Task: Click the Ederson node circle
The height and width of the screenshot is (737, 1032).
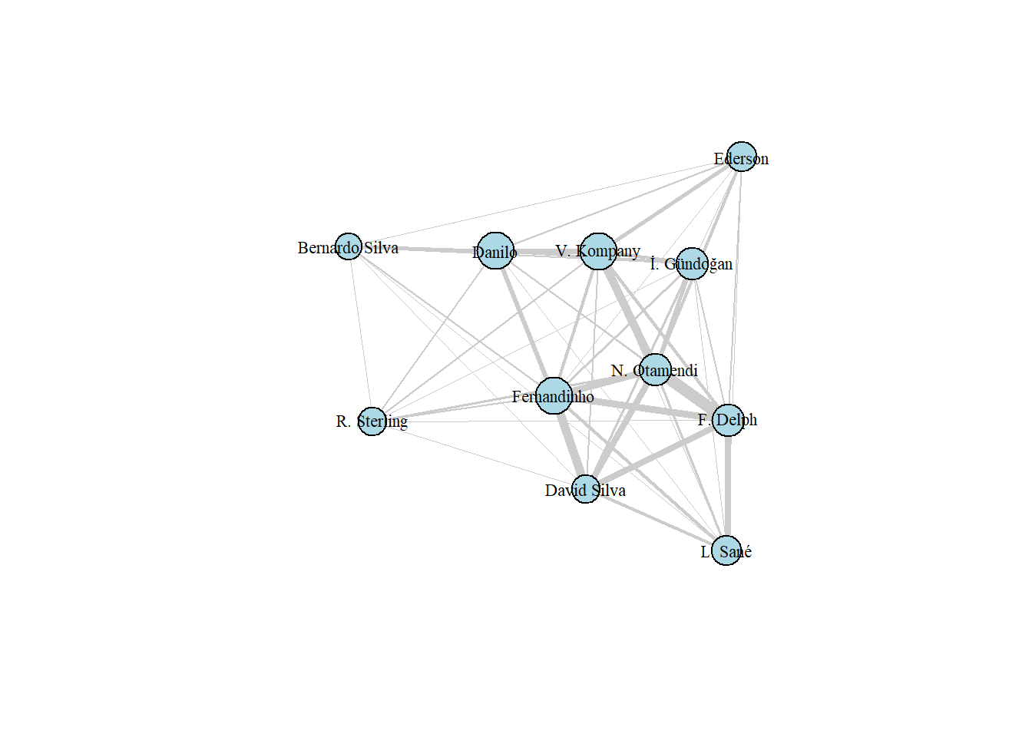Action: click(x=741, y=157)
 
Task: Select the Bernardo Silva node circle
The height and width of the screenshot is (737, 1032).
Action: click(x=349, y=246)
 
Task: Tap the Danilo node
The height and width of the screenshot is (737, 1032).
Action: click(x=495, y=250)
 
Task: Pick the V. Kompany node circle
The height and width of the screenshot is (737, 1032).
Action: click(x=598, y=251)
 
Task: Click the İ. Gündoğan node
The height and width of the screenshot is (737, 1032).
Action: click(x=692, y=263)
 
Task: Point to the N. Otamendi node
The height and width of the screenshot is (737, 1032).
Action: click(x=655, y=369)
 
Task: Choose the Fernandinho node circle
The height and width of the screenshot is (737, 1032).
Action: click(x=554, y=395)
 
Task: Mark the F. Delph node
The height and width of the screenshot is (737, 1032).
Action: click(x=728, y=420)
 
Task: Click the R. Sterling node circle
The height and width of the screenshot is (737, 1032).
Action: click(x=372, y=421)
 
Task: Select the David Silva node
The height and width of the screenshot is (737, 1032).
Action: click(x=586, y=489)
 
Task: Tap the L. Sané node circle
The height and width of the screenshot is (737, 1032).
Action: click(x=726, y=550)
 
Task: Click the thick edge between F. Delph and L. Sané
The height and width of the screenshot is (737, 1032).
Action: click(x=727, y=485)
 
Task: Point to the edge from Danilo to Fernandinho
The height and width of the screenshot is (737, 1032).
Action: click(x=524, y=323)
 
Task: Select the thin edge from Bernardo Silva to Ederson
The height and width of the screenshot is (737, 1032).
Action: click(x=544, y=202)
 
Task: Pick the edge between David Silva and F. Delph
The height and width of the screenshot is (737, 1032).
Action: click(x=657, y=454)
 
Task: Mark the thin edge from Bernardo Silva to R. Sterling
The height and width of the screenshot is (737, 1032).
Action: click(x=360, y=333)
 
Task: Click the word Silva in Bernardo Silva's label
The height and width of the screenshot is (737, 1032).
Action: click(x=381, y=248)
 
